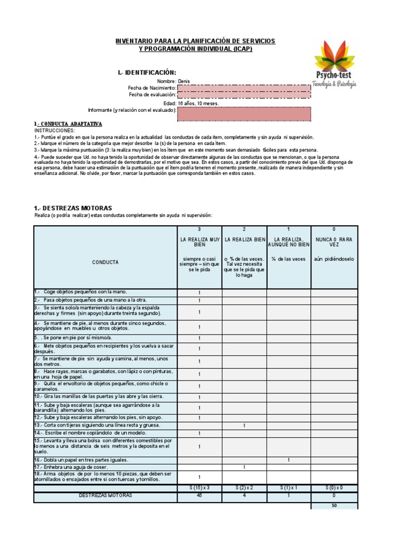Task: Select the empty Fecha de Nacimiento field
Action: pos(243,88)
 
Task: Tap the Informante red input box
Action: pos(243,113)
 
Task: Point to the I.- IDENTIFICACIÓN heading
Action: pos(147,72)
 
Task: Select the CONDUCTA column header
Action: pos(105,262)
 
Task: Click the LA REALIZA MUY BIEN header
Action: pos(199,241)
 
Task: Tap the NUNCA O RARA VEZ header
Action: pos(333,241)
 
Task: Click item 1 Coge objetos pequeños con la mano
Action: pos(80,292)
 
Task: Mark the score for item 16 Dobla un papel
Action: pos(288,460)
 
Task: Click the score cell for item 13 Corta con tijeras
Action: pos(244,425)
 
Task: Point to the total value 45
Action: pos(199,496)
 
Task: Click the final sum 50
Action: pos(333,505)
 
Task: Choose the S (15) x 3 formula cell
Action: pos(199,488)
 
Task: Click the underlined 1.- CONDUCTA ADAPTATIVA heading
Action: pos(67,124)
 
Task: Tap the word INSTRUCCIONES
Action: pos(55,130)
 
